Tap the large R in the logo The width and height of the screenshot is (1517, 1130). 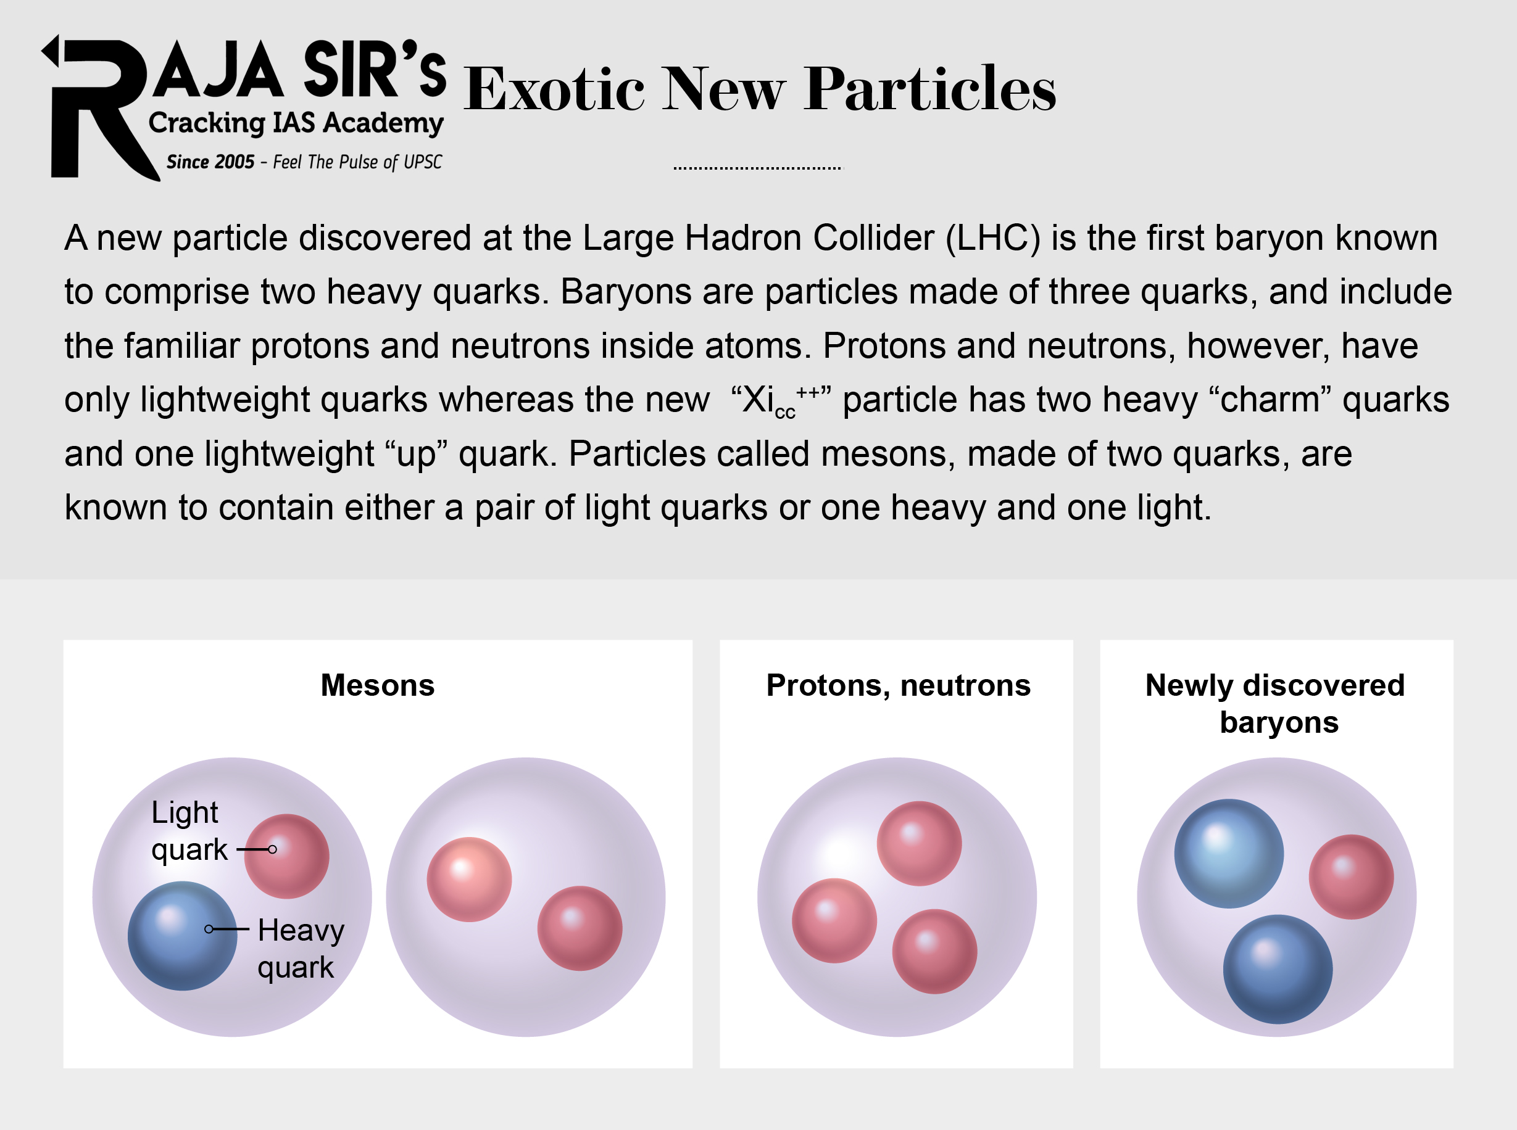point(96,109)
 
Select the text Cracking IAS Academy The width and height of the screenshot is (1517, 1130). point(296,123)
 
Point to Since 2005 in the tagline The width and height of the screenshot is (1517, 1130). point(210,162)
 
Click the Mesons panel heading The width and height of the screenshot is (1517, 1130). point(377,685)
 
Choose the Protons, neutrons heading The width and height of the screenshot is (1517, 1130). point(898,685)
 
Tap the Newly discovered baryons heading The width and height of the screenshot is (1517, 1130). point(1276,703)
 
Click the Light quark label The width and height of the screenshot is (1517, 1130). point(186,831)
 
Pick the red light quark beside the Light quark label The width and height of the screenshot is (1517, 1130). point(288,856)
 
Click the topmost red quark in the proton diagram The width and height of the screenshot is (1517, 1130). point(919,843)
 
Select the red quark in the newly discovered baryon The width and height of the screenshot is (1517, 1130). point(1351,876)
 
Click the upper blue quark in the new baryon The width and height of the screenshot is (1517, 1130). point(1228,853)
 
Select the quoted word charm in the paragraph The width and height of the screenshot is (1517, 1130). point(1270,400)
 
